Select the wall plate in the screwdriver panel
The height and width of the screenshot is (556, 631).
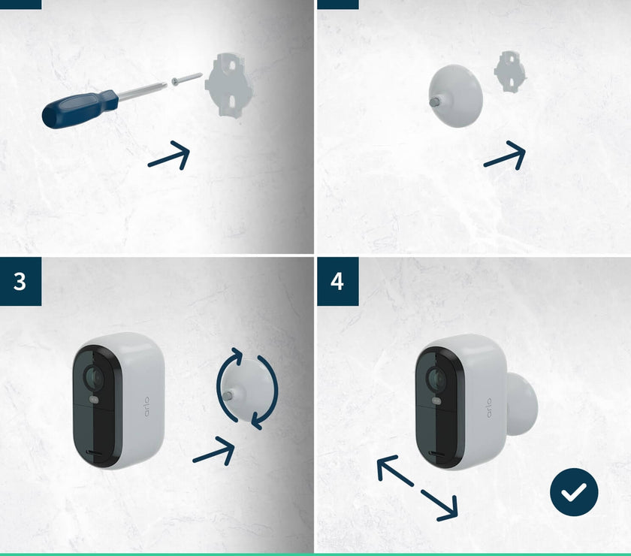[230, 86]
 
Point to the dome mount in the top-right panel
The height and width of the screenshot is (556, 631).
[455, 96]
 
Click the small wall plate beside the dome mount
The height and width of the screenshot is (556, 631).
[510, 71]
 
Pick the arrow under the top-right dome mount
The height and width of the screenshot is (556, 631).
[505, 155]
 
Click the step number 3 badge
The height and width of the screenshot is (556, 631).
[20, 281]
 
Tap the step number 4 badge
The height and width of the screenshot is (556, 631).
[337, 281]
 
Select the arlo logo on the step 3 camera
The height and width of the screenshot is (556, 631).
[146, 406]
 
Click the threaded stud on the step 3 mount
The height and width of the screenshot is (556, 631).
[228, 395]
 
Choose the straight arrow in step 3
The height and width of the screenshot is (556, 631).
[213, 451]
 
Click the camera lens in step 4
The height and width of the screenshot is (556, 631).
[437, 379]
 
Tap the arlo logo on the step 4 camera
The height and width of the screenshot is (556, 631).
[489, 407]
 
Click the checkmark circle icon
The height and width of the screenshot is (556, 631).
[574, 492]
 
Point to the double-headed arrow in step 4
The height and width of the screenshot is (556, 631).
[418, 488]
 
